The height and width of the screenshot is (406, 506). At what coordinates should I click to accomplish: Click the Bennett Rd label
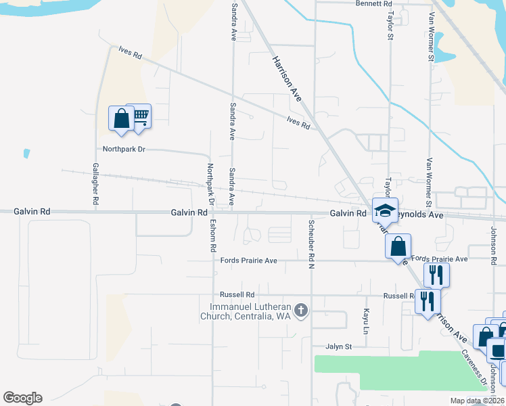pos(374,4)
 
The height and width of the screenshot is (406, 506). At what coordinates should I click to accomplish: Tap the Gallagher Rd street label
pos(95,184)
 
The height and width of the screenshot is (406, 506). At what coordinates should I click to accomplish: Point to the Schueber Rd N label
pos(312,242)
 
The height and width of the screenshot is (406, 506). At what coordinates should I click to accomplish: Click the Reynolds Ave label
pos(421,214)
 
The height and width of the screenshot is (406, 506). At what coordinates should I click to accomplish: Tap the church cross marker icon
pos(302,311)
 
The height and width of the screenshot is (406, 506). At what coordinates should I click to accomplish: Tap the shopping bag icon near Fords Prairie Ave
pos(398,246)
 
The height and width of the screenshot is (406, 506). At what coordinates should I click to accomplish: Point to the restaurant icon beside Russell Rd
pos(427,300)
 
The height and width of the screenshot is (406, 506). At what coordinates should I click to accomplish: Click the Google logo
pos(22,398)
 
